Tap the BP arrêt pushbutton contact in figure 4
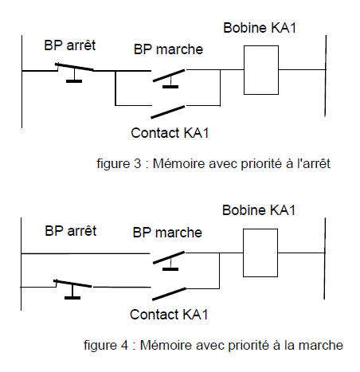73,284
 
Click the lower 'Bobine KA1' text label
259,210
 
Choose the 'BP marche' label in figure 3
169,49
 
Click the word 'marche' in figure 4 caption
324,346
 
